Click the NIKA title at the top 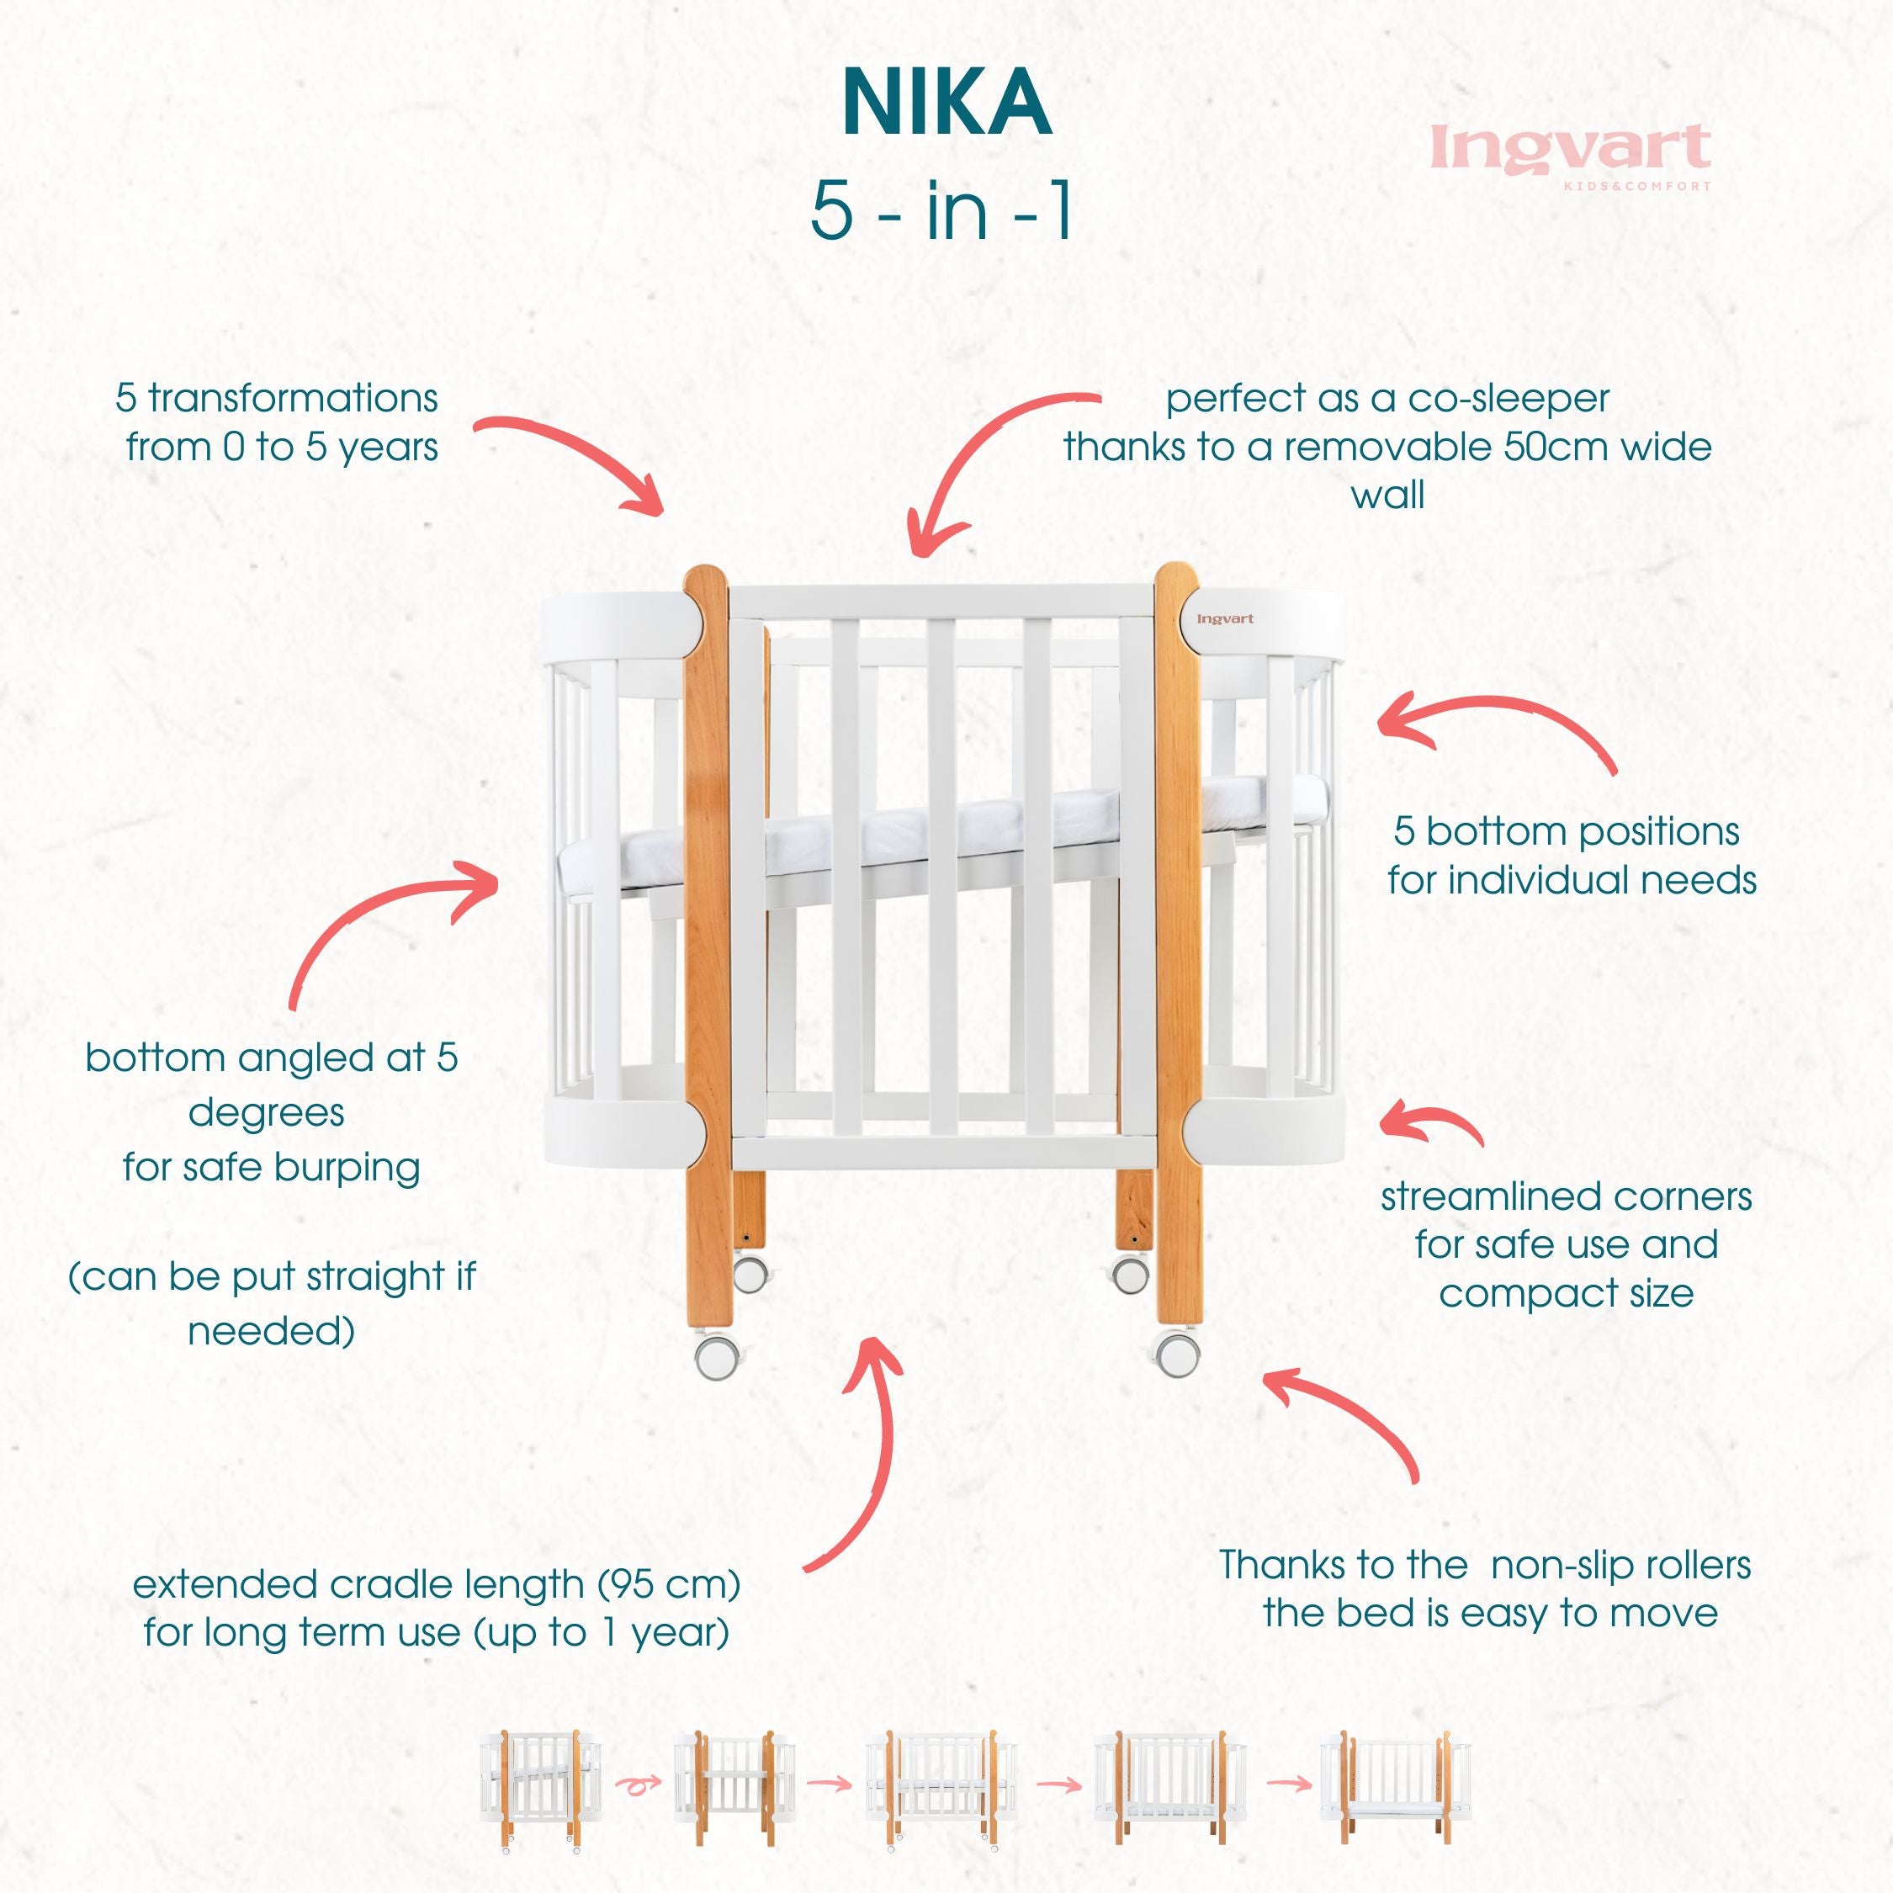(x=946, y=103)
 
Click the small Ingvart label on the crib (x=1225, y=619)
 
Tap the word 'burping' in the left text (x=347, y=1167)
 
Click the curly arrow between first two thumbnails (x=638, y=1784)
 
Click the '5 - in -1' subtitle (x=941, y=210)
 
